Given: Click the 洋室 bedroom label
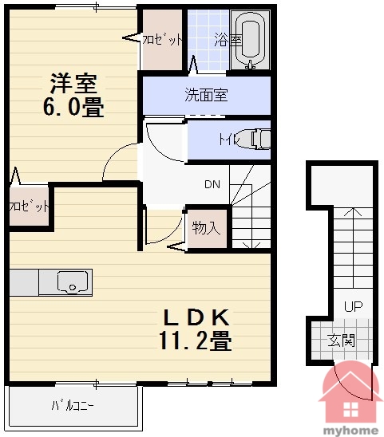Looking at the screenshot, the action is coord(73,83).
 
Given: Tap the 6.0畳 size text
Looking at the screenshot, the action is coord(73,107).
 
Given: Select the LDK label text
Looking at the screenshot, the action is coord(196,317).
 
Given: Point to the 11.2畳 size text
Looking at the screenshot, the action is coord(196,340).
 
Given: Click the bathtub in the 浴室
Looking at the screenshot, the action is coord(250,40).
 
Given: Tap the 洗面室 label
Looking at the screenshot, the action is coord(207,95).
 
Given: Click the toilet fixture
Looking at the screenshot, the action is coord(255,139).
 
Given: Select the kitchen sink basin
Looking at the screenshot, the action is coord(73,281).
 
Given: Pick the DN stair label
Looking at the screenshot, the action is coord(212,184).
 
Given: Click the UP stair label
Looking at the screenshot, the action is coord(354,306).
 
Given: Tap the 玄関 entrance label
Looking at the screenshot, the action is coord(341,340).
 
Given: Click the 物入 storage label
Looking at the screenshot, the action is coord(206,228).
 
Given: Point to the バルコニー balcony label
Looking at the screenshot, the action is coord(73,406).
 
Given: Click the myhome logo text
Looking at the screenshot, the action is coord(350,431).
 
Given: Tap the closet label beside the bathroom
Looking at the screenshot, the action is coord(162,40).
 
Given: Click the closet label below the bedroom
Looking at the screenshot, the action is coord(29,207).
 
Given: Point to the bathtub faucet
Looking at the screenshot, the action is coord(250,65).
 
